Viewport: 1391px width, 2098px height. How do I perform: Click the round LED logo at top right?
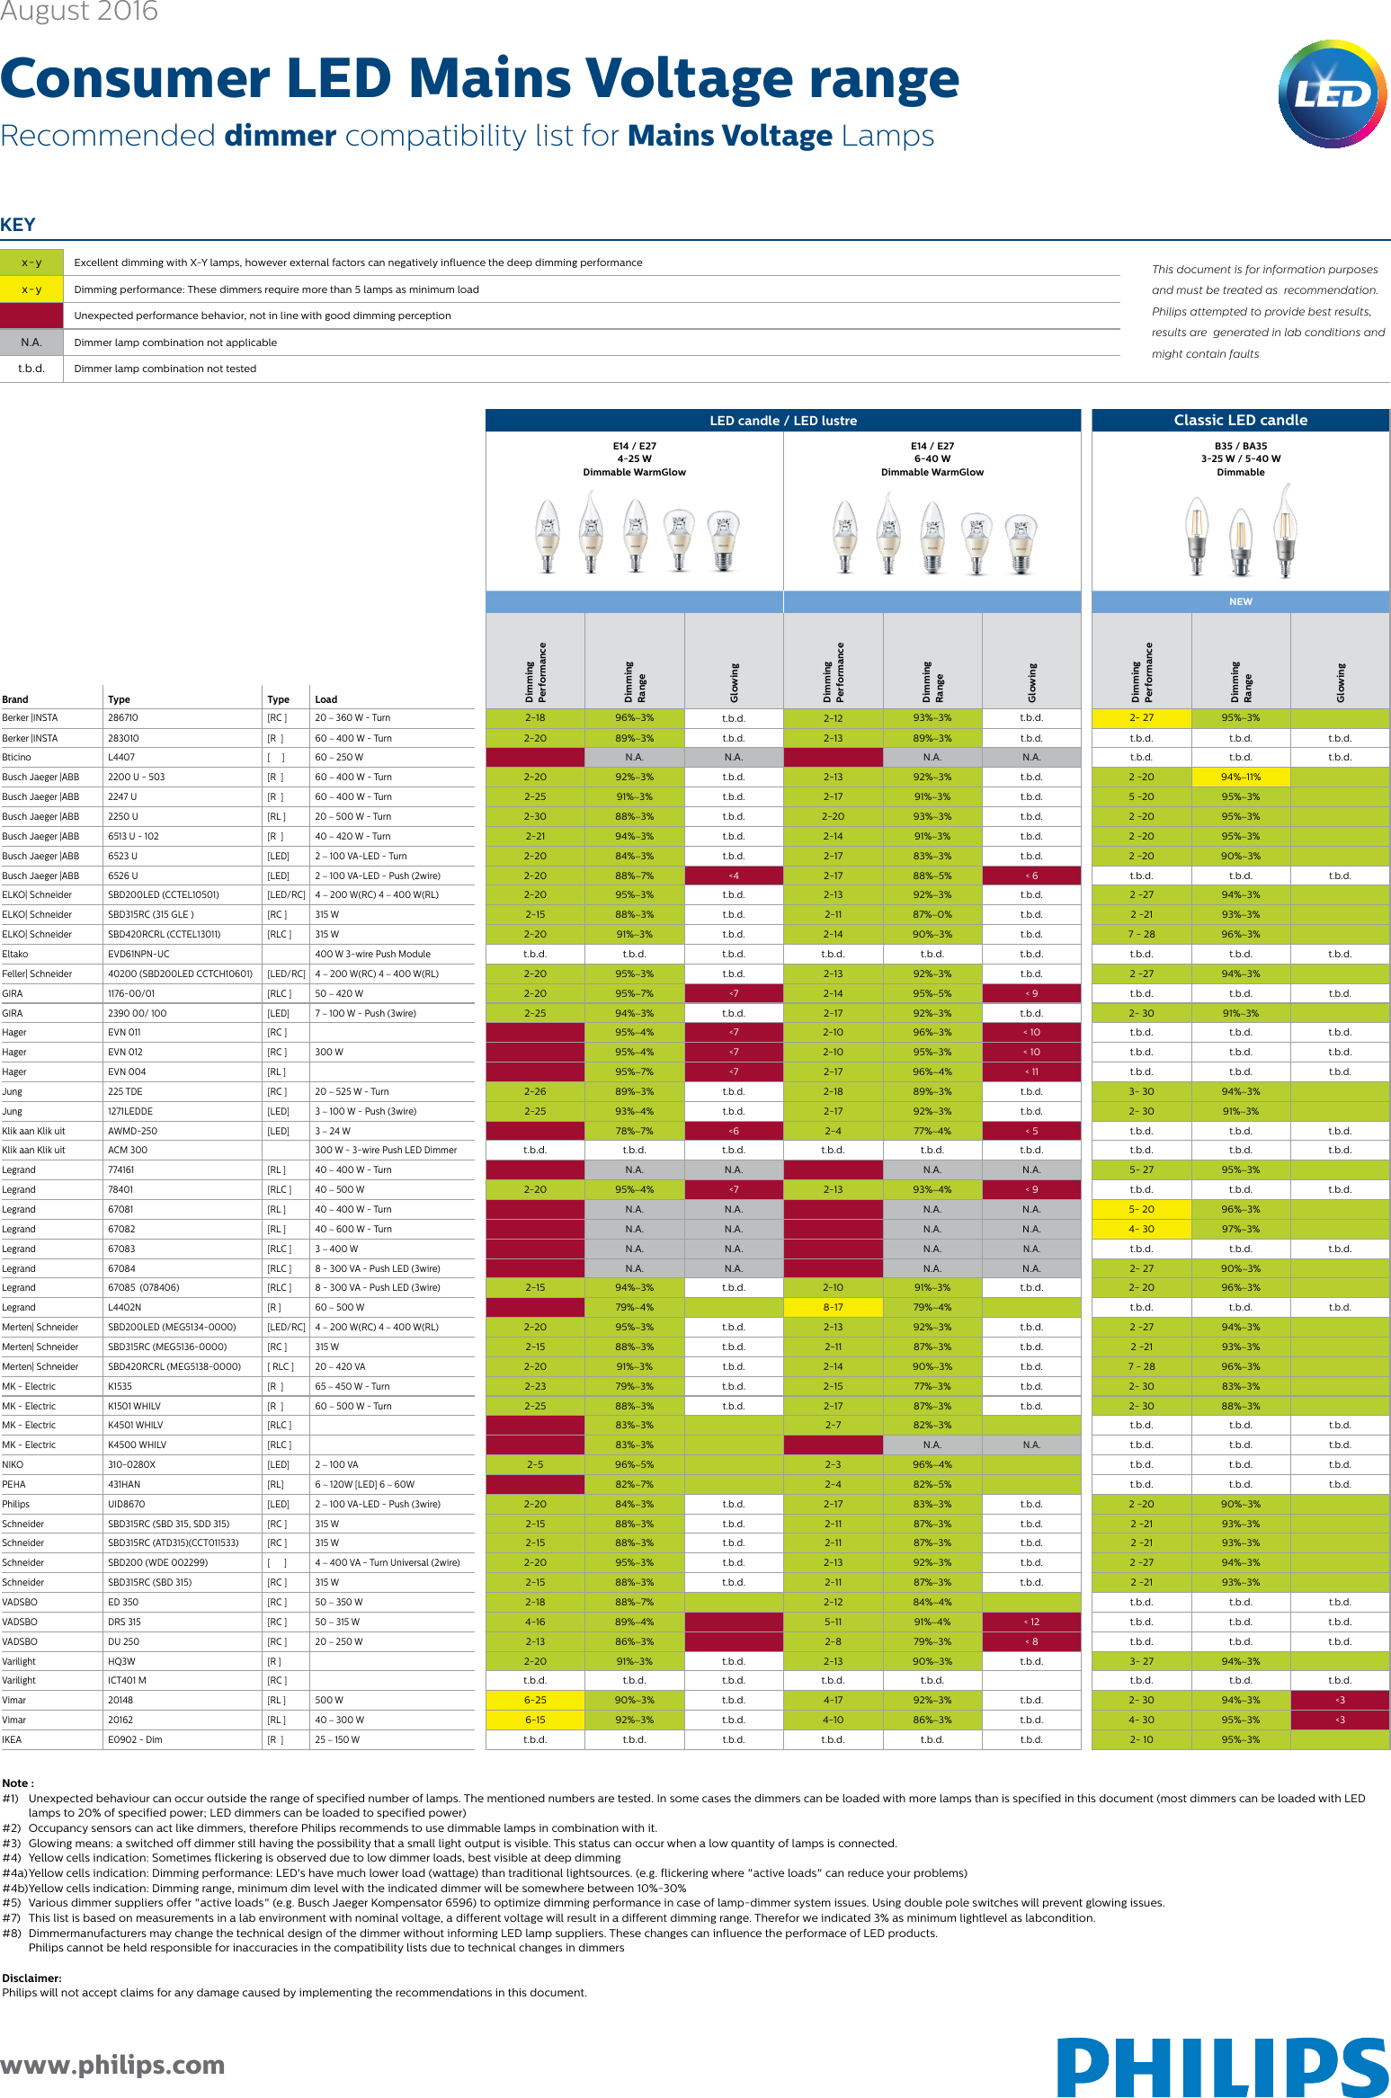click(x=1333, y=93)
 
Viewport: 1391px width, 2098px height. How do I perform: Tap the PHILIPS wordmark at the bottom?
click(x=1223, y=2067)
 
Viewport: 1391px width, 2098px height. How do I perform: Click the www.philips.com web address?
click(x=112, y=2065)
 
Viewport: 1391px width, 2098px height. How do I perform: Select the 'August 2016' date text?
click(x=79, y=12)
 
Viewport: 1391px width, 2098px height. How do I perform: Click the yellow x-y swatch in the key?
click(x=31, y=289)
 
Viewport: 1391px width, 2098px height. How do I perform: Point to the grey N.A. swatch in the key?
click(x=31, y=342)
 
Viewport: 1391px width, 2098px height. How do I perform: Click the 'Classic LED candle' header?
click(x=1240, y=420)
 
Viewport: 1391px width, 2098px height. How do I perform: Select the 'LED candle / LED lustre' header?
click(x=782, y=421)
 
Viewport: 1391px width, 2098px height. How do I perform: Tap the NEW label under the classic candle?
click(x=1240, y=601)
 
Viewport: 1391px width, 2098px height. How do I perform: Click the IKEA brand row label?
click(x=13, y=1739)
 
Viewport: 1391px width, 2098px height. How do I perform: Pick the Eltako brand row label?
click(x=15, y=954)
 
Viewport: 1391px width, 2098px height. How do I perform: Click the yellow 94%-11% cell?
click(x=1240, y=777)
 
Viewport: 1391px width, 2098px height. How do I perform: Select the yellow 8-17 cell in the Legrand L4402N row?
click(x=833, y=1307)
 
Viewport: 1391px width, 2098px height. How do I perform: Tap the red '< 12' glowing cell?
click(x=1030, y=1622)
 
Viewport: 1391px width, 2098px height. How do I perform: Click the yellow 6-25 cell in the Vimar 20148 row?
click(x=535, y=1700)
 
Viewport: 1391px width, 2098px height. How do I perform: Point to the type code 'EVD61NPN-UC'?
click(x=138, y=954)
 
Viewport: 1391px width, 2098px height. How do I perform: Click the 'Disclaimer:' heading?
click(x=32, y=1978)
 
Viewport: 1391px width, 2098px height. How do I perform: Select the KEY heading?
click(x=18, y=225)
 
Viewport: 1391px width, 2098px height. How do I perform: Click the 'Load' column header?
click(x=326, y=699)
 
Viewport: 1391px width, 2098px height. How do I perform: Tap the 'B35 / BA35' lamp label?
click(x=1240, y=446)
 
